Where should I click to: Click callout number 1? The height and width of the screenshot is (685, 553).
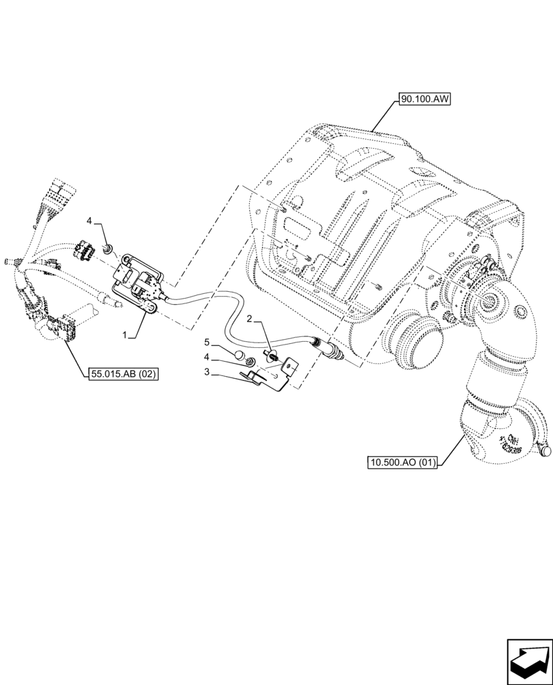pyautogui.click(x=125, y=336)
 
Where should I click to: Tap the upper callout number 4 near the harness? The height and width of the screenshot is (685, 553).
pyautogui.click(x=89, y=221)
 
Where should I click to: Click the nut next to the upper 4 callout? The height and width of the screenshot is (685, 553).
pyautogui.click(x=107, y=247)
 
